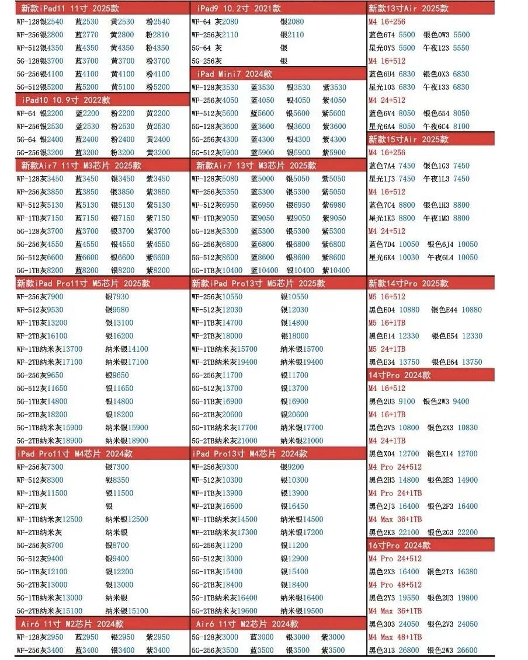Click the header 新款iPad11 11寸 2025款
(66, 9)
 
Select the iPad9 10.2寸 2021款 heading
(239, 9)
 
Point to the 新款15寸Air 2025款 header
(408, 139)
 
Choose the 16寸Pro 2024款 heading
(400, 545)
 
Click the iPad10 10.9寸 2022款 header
(65, 100)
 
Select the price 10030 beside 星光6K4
(409, 257)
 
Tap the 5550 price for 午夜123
(461, 48)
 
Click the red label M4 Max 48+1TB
(395, 637)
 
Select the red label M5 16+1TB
(387, 323)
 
